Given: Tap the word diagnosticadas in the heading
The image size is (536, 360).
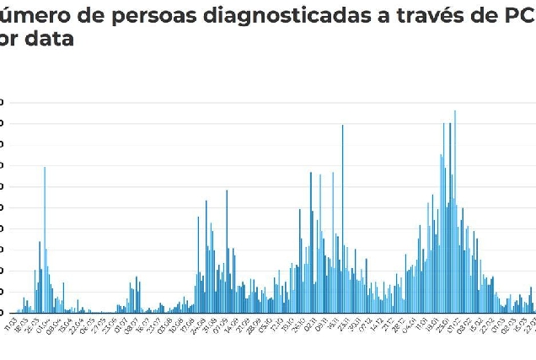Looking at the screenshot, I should [274, 14].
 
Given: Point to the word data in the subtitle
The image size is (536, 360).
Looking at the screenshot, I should [50, 39].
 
